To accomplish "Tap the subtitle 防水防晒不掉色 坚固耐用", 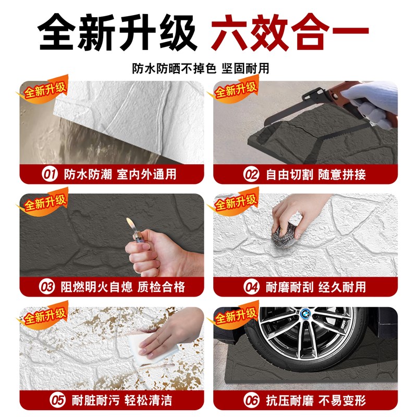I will click(208, 68).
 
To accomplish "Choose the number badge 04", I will click(252, 287).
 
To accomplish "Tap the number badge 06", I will click(252, 400).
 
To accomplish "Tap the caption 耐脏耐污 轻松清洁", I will click(118, 400).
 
